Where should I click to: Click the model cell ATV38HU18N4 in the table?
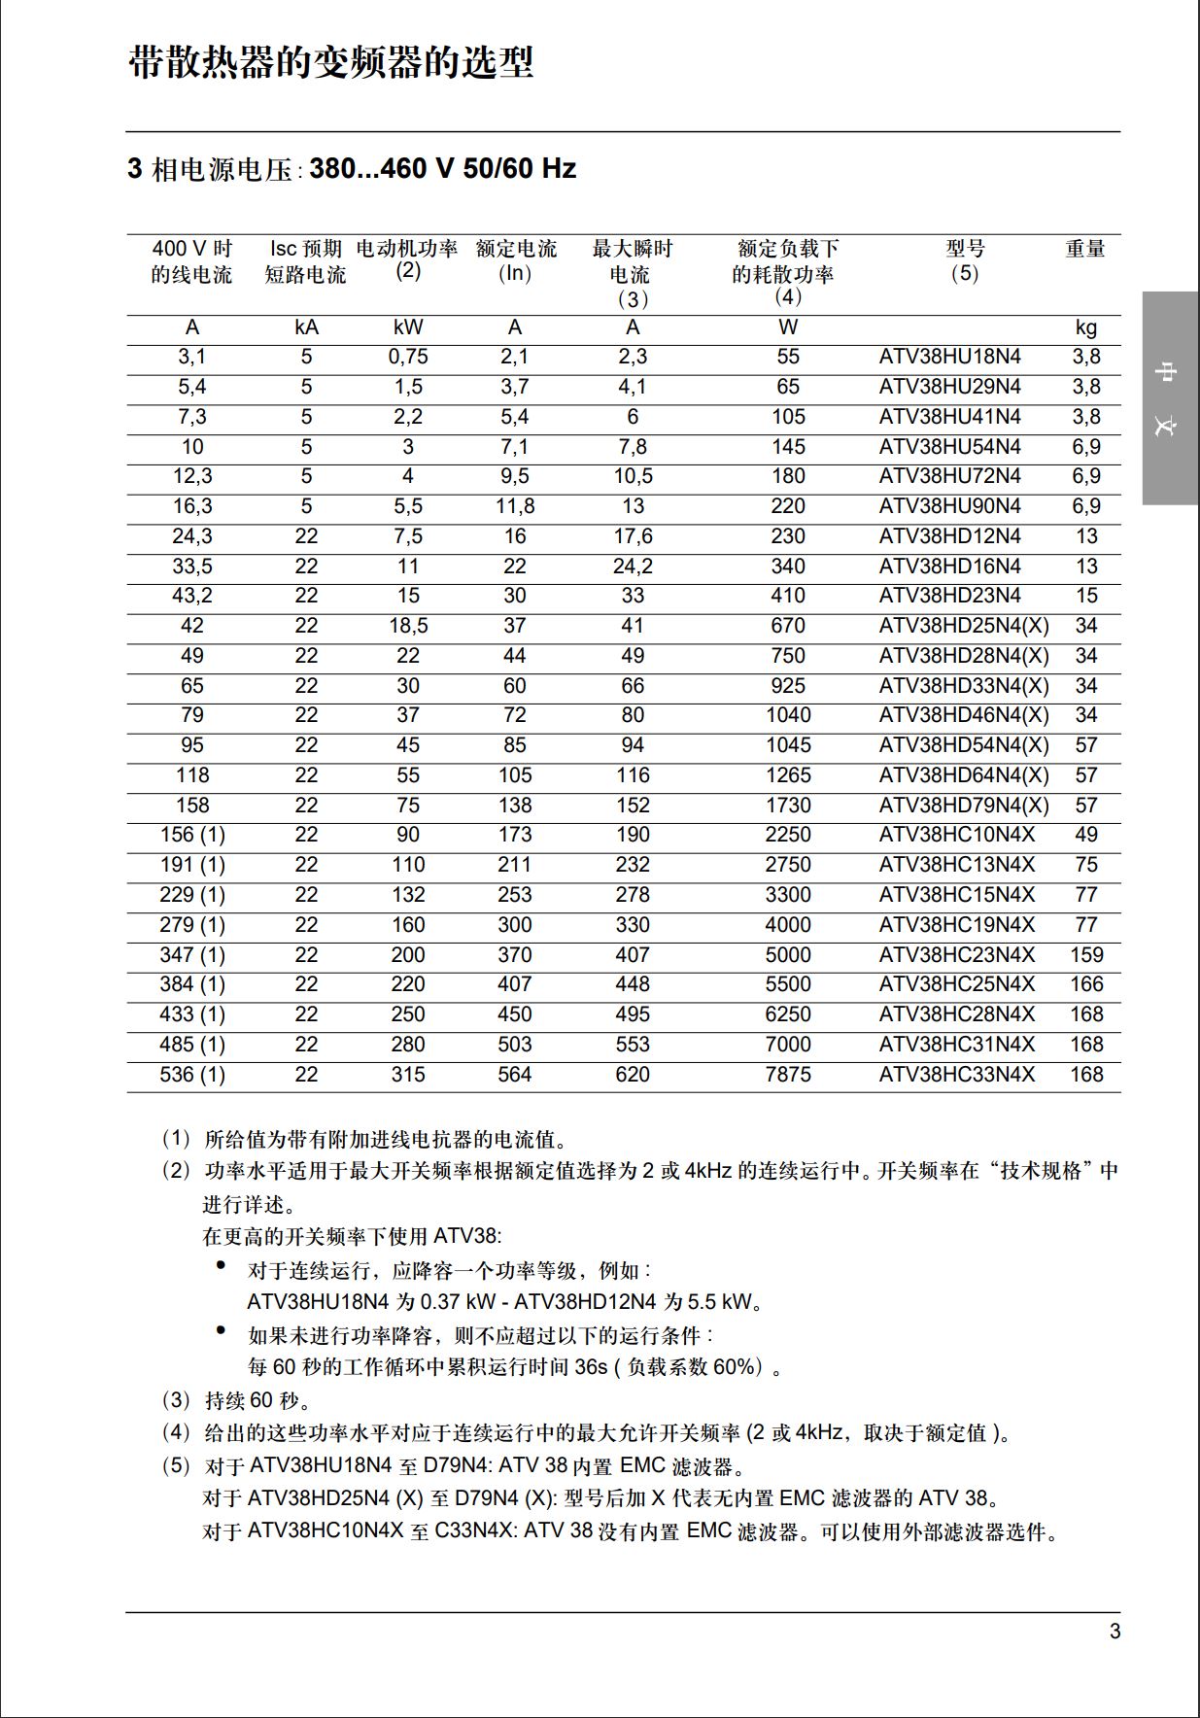949,357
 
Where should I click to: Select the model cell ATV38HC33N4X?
956,1075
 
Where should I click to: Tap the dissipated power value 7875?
787,1075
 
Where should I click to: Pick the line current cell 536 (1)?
192,1075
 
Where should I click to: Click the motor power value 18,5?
408,626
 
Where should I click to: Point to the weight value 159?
1086,955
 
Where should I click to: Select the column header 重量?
1085,249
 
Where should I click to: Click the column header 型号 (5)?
965,260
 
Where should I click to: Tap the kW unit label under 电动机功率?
408,327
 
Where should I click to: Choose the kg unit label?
1086,328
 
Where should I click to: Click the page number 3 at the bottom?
1114,1632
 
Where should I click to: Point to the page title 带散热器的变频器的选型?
331,63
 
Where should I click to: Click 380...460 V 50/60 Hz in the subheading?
443,169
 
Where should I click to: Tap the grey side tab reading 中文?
1169,398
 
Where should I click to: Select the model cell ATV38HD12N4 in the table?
949,536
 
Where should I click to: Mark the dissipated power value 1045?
787,745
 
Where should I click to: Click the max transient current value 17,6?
633,536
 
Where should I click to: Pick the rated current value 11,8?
515,506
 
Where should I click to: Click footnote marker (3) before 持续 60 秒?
176,1400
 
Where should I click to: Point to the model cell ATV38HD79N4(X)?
964,806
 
